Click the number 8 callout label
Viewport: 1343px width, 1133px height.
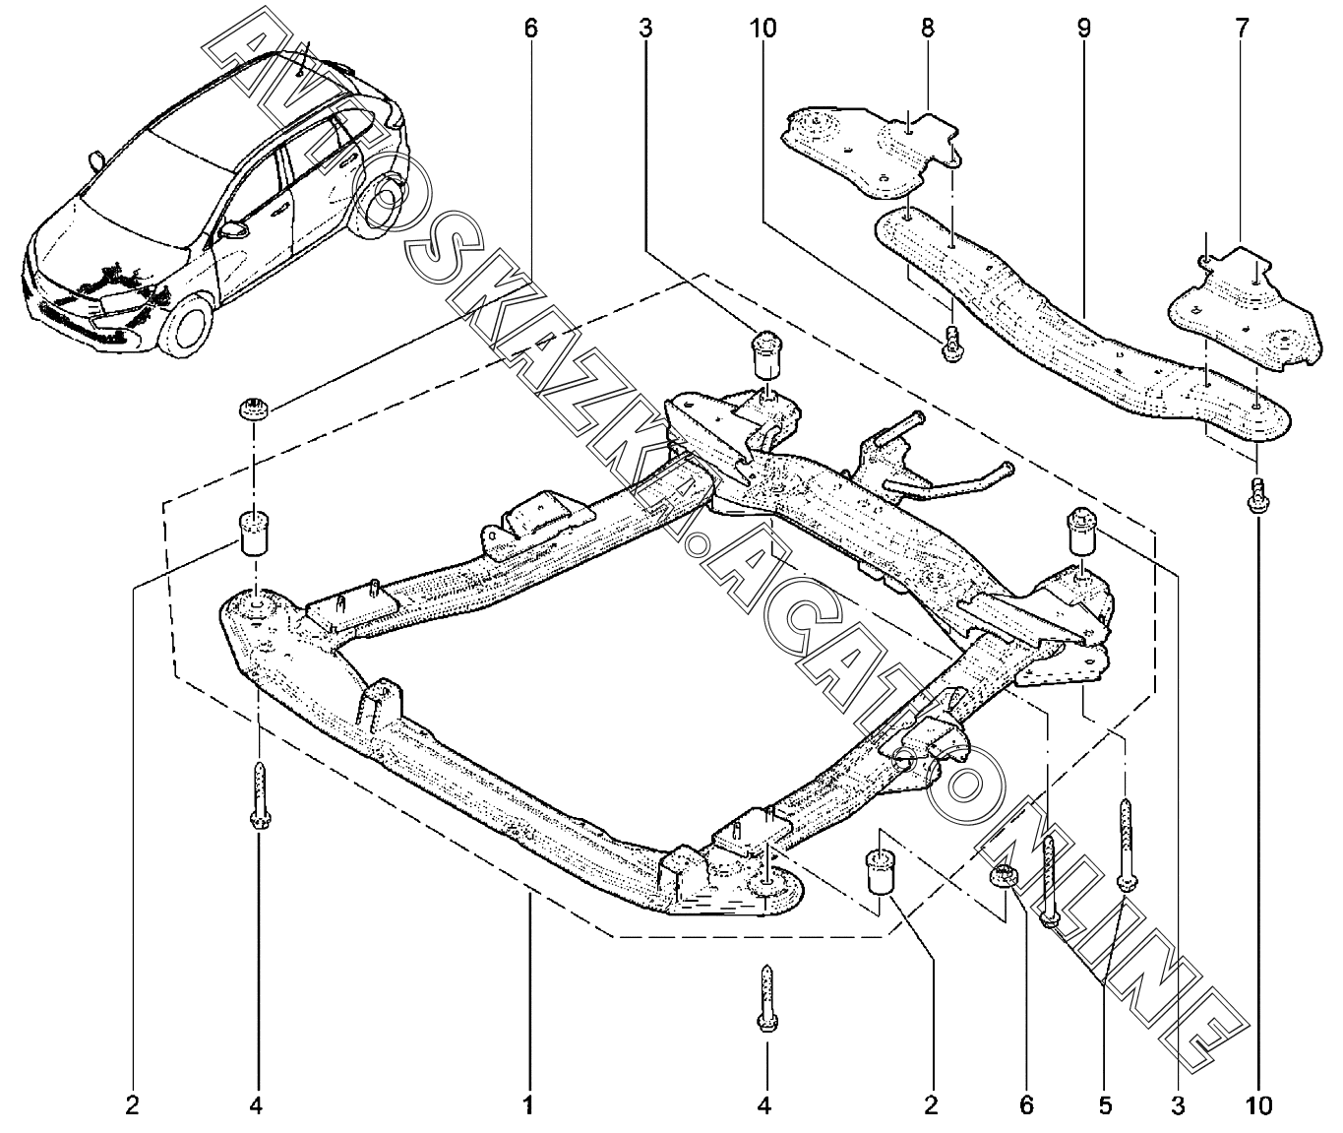[927, 28]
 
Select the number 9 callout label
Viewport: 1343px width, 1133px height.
[1083, 28]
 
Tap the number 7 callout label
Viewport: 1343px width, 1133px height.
[1242, 28]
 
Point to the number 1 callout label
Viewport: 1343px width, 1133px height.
[528, 1105]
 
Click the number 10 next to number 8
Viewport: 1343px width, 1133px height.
[763, 28]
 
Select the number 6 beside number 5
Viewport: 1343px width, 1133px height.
[1026, 1105]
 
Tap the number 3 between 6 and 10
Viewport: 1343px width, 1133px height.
[645, 28]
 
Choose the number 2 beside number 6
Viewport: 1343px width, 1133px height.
[931, 1105]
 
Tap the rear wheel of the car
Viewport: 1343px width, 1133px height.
[379, 201]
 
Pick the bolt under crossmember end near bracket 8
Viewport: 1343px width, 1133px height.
[951, 344]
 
